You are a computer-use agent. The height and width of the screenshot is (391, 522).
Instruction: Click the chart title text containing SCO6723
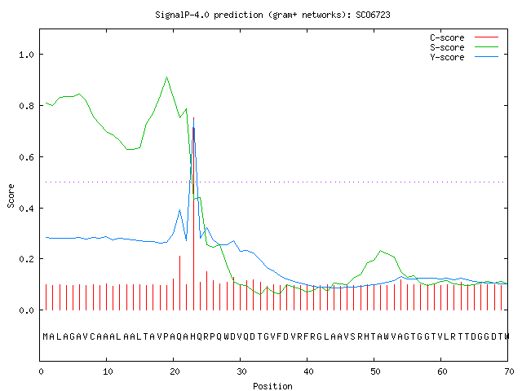[x=272, y=15]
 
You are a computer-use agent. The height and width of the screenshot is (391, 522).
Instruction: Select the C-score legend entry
[x=464, y=37]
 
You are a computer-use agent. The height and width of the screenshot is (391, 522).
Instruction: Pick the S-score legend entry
[x=464, y=47]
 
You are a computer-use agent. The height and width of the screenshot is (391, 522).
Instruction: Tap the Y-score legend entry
[x=464, y=57]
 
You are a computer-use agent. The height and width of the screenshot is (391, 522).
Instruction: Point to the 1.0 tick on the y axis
[x=26, y=55]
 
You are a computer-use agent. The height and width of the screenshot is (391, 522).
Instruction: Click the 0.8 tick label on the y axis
[x=26, y=106]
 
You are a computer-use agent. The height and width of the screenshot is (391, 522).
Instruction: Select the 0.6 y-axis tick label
[x=26, y=157]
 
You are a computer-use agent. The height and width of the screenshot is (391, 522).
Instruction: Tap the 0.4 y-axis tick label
[x=26, y=209]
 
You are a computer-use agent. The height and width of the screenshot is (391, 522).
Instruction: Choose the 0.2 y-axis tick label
[x=26, y=259]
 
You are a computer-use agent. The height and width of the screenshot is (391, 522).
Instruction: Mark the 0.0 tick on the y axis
[x=26, y=310]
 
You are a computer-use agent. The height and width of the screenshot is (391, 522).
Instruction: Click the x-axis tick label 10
[x=108, y=371]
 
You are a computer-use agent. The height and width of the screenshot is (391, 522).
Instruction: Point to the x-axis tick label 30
[x=241, y=371]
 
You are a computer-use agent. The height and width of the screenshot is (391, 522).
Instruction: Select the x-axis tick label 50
[x=375, y=371]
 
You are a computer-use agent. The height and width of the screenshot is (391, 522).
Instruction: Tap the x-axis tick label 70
[x=509, y=371]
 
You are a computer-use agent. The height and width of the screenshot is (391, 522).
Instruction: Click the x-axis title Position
[x=272, y=386]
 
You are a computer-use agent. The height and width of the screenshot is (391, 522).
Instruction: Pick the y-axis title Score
[x=11, y=195]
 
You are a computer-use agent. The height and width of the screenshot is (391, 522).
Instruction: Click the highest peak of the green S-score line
[x=166, y=77]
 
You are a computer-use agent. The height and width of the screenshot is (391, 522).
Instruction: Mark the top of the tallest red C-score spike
[x=194, y=117]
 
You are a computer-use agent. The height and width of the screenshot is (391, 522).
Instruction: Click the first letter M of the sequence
[x=46, y=336]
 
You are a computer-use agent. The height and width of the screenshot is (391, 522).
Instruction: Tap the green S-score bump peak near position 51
[x=381, y=251]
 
